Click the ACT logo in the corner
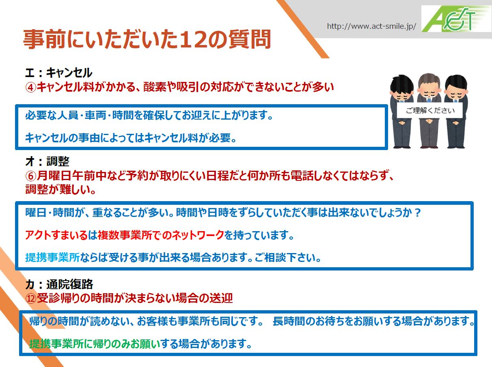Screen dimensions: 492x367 [456, 19]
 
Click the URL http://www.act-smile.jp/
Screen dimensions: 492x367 [371, 26]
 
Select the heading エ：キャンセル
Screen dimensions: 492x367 [59, 73]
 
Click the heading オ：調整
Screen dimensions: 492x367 [47, 161]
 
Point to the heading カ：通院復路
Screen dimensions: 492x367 [59, 284]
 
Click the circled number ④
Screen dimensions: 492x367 [31, 87]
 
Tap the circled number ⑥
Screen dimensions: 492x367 [31, 176]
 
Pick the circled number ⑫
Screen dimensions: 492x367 [31, 298]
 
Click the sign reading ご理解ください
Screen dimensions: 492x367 [430, 110]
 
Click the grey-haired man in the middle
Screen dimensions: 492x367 [429, 111]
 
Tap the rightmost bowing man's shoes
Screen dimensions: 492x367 [456, 146]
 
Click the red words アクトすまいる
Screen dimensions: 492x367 [56, 235]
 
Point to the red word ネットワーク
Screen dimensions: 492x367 [193, 235]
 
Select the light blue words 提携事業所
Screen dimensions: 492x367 [52, 258]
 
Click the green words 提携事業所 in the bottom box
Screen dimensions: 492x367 [57, 343]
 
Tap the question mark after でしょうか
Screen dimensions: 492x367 [417, 213]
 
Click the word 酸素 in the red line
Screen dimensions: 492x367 [155, 87]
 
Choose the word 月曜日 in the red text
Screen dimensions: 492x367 [54, 176]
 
